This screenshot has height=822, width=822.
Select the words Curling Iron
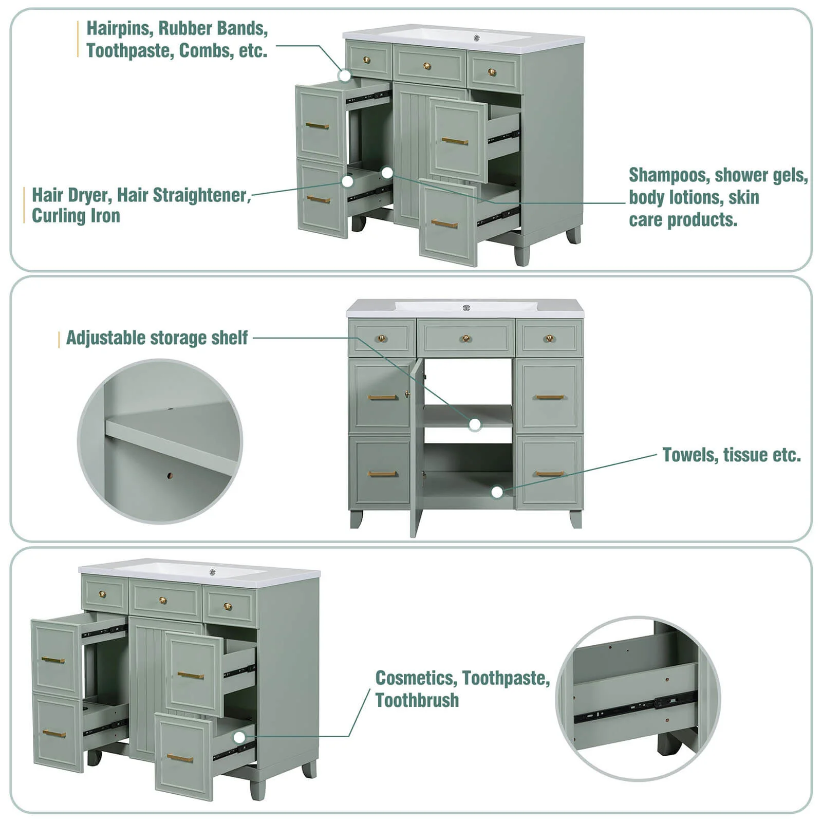pos(76,216)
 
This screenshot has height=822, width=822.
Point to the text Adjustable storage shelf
pos(157,338)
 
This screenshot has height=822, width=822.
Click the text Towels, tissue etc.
pos(732,455)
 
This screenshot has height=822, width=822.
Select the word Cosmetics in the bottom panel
pos(416,678)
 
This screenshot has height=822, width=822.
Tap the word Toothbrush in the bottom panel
pos(417,700)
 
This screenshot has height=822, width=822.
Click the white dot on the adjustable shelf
pos(475,424)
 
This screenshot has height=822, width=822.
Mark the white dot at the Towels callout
pos(497,492)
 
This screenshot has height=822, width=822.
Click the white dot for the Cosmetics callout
pos(239,738)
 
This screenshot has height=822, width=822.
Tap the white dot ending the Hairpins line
pos(345,76)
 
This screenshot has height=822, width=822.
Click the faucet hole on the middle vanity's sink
pos(466,308)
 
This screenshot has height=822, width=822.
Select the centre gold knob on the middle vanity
pos(465,339)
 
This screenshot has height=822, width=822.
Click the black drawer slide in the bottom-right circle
pos(636,708)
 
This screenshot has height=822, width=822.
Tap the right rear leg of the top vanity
pos(573,235)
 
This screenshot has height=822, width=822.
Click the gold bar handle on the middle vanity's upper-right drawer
pos(550,397)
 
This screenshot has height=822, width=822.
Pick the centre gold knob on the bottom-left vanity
pos(163,600)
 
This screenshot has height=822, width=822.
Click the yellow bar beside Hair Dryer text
pos(24,205)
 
